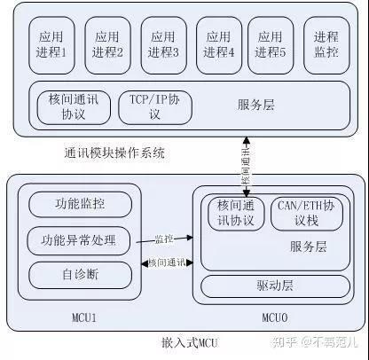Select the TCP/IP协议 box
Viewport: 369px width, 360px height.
[155, 106]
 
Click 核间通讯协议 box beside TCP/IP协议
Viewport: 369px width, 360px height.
[73, 106]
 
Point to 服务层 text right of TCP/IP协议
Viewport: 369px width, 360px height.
[256, 105]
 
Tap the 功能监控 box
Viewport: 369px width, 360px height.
[79, 203]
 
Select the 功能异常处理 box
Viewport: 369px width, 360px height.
[79, 239]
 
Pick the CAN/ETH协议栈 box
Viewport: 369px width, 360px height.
[304, 212]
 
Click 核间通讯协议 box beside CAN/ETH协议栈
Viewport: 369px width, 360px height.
[235, 212]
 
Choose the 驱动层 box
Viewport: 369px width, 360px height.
[276, 287]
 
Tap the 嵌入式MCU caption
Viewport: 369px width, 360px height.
[190, 342]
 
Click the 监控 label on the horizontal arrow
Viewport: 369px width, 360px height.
[164, 239]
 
